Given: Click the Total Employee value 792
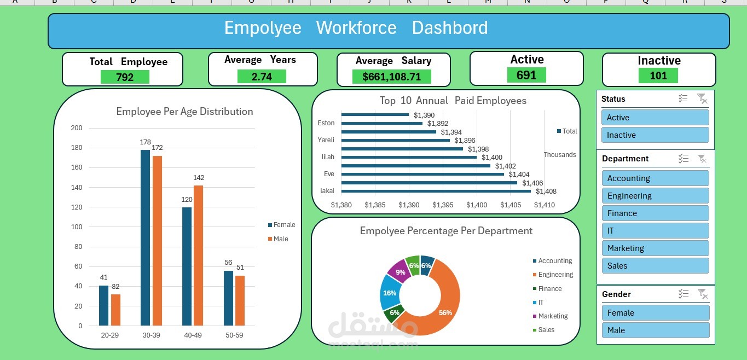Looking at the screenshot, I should (x=125, y=77).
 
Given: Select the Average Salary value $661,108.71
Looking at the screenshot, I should (x=392, y=77).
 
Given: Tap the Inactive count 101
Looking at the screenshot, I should (x=658, y=76).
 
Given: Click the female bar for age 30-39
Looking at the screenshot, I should (x=145, y=237).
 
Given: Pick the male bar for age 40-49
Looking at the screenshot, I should (x=199, y=256).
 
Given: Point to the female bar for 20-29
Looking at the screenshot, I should (x=103, y=305).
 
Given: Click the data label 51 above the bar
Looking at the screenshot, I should (x=240, y=268).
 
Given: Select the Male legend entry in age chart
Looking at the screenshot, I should (x=280, y=239).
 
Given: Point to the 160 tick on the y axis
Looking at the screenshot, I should (x=77, y=167).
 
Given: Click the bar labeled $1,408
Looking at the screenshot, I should (x=436, y=191).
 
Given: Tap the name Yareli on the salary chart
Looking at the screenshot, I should (x=326, y=140).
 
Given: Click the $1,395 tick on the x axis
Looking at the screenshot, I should (x=443, y=205).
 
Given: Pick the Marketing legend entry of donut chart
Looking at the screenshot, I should (x=553, y=316).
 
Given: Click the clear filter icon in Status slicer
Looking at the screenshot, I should (x=702, y=98).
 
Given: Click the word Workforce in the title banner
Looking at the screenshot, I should (x=356, y=28).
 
